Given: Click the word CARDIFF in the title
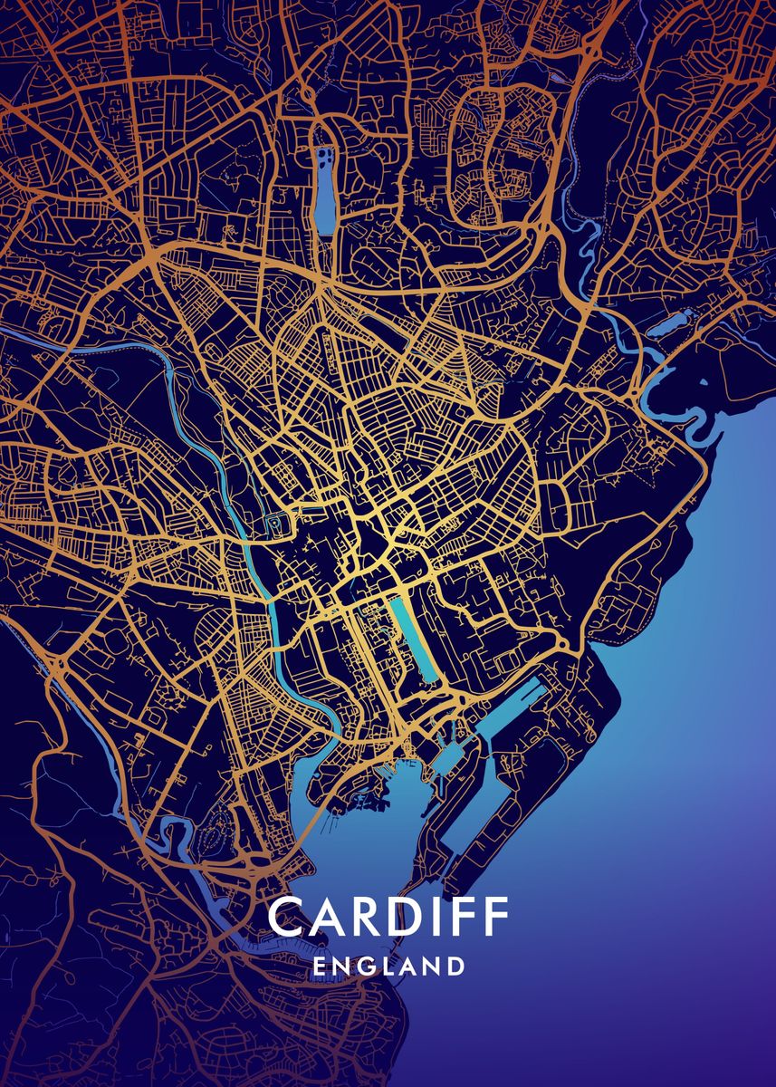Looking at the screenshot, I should [x=388, y=917].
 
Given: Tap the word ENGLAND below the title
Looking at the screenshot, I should [x=388, y=967].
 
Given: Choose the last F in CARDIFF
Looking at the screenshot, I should [x=497, y=917].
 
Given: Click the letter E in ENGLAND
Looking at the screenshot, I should [x=319, y=967].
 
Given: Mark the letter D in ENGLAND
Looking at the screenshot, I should [x=455, y=967].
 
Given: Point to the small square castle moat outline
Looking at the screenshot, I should [x=275, y=524].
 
